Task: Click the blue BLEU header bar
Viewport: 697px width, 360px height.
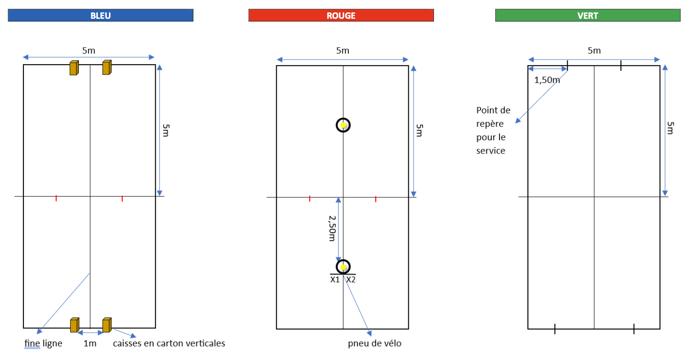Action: pos(100,15)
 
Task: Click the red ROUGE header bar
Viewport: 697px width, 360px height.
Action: pos(341,15)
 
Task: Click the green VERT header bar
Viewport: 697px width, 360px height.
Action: pos(587,15)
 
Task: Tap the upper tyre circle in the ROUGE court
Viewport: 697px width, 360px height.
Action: pos(343,125)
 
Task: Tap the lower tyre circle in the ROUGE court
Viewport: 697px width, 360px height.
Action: pos(343,267)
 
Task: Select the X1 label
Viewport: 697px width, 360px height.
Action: pos(335,279)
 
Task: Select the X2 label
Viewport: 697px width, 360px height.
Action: pos(351,279)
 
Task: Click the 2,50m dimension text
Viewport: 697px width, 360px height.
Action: pos(332,229)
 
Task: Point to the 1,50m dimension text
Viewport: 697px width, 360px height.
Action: pos(547,80)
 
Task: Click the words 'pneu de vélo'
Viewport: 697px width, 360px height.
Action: pos(374,343)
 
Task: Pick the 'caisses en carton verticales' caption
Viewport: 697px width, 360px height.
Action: pos(169,343)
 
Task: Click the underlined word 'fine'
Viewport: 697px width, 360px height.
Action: pos(32,343)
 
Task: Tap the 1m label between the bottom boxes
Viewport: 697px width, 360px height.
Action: pos(90,343)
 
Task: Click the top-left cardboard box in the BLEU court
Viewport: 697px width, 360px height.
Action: pos(74,68)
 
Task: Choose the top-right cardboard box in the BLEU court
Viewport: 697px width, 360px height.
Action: pos(106,67)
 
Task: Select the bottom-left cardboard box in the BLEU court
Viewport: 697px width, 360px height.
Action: pos(74,325)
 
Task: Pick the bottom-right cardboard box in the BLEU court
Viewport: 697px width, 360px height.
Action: pos(106,325)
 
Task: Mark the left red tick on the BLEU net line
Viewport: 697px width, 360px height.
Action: pos(56,198)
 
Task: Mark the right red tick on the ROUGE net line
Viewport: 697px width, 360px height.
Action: pos(376,199)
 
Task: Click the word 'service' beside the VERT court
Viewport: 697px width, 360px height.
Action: pos(490,151)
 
